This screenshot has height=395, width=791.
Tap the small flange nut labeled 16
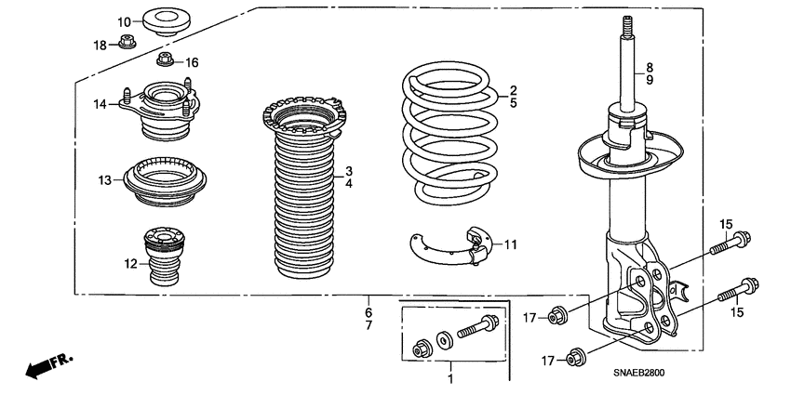[165, 62]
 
